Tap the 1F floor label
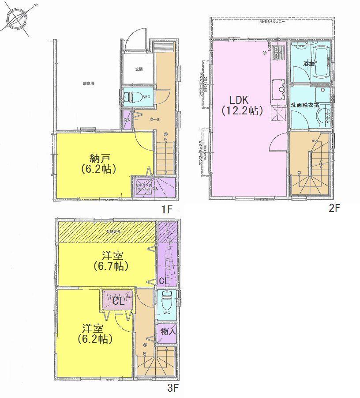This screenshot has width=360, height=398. [166, 210]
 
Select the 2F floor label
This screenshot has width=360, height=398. [334, 209]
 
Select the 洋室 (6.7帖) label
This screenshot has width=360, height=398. [110, 261]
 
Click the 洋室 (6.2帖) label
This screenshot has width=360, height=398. [95, 333]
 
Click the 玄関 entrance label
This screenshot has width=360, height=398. [139, 69]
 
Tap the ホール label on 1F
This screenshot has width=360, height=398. [154, 119]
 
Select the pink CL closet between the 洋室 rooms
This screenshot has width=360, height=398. [117, 301]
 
